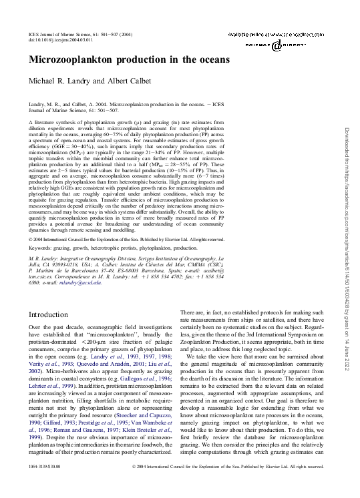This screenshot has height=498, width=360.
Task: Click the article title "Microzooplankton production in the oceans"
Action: [x=129, y=59]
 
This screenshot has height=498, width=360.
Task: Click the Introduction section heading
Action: [x=53, y=314]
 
